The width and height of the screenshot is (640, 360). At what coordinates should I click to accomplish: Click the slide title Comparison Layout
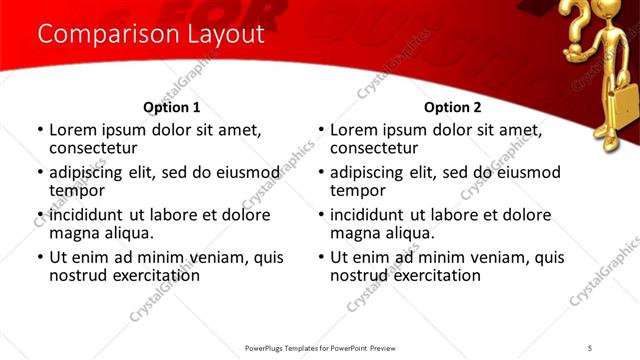tap(150, 34)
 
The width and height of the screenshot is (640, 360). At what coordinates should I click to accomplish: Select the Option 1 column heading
tap(172, 107)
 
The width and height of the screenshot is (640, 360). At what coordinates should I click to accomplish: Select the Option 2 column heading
tap(452, 107)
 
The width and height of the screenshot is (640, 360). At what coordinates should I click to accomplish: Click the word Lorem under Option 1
tap(72, 130)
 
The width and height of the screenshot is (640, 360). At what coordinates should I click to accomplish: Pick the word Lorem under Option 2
tap(353, 130)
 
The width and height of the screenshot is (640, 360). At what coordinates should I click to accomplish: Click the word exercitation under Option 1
tap(140, 274)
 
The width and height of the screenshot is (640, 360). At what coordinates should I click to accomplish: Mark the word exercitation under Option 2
tap(421, 274)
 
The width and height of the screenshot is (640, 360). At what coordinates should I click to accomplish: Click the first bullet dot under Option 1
tap(40, 131)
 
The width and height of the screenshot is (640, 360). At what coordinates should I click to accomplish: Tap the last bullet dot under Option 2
tap(321, 258)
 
